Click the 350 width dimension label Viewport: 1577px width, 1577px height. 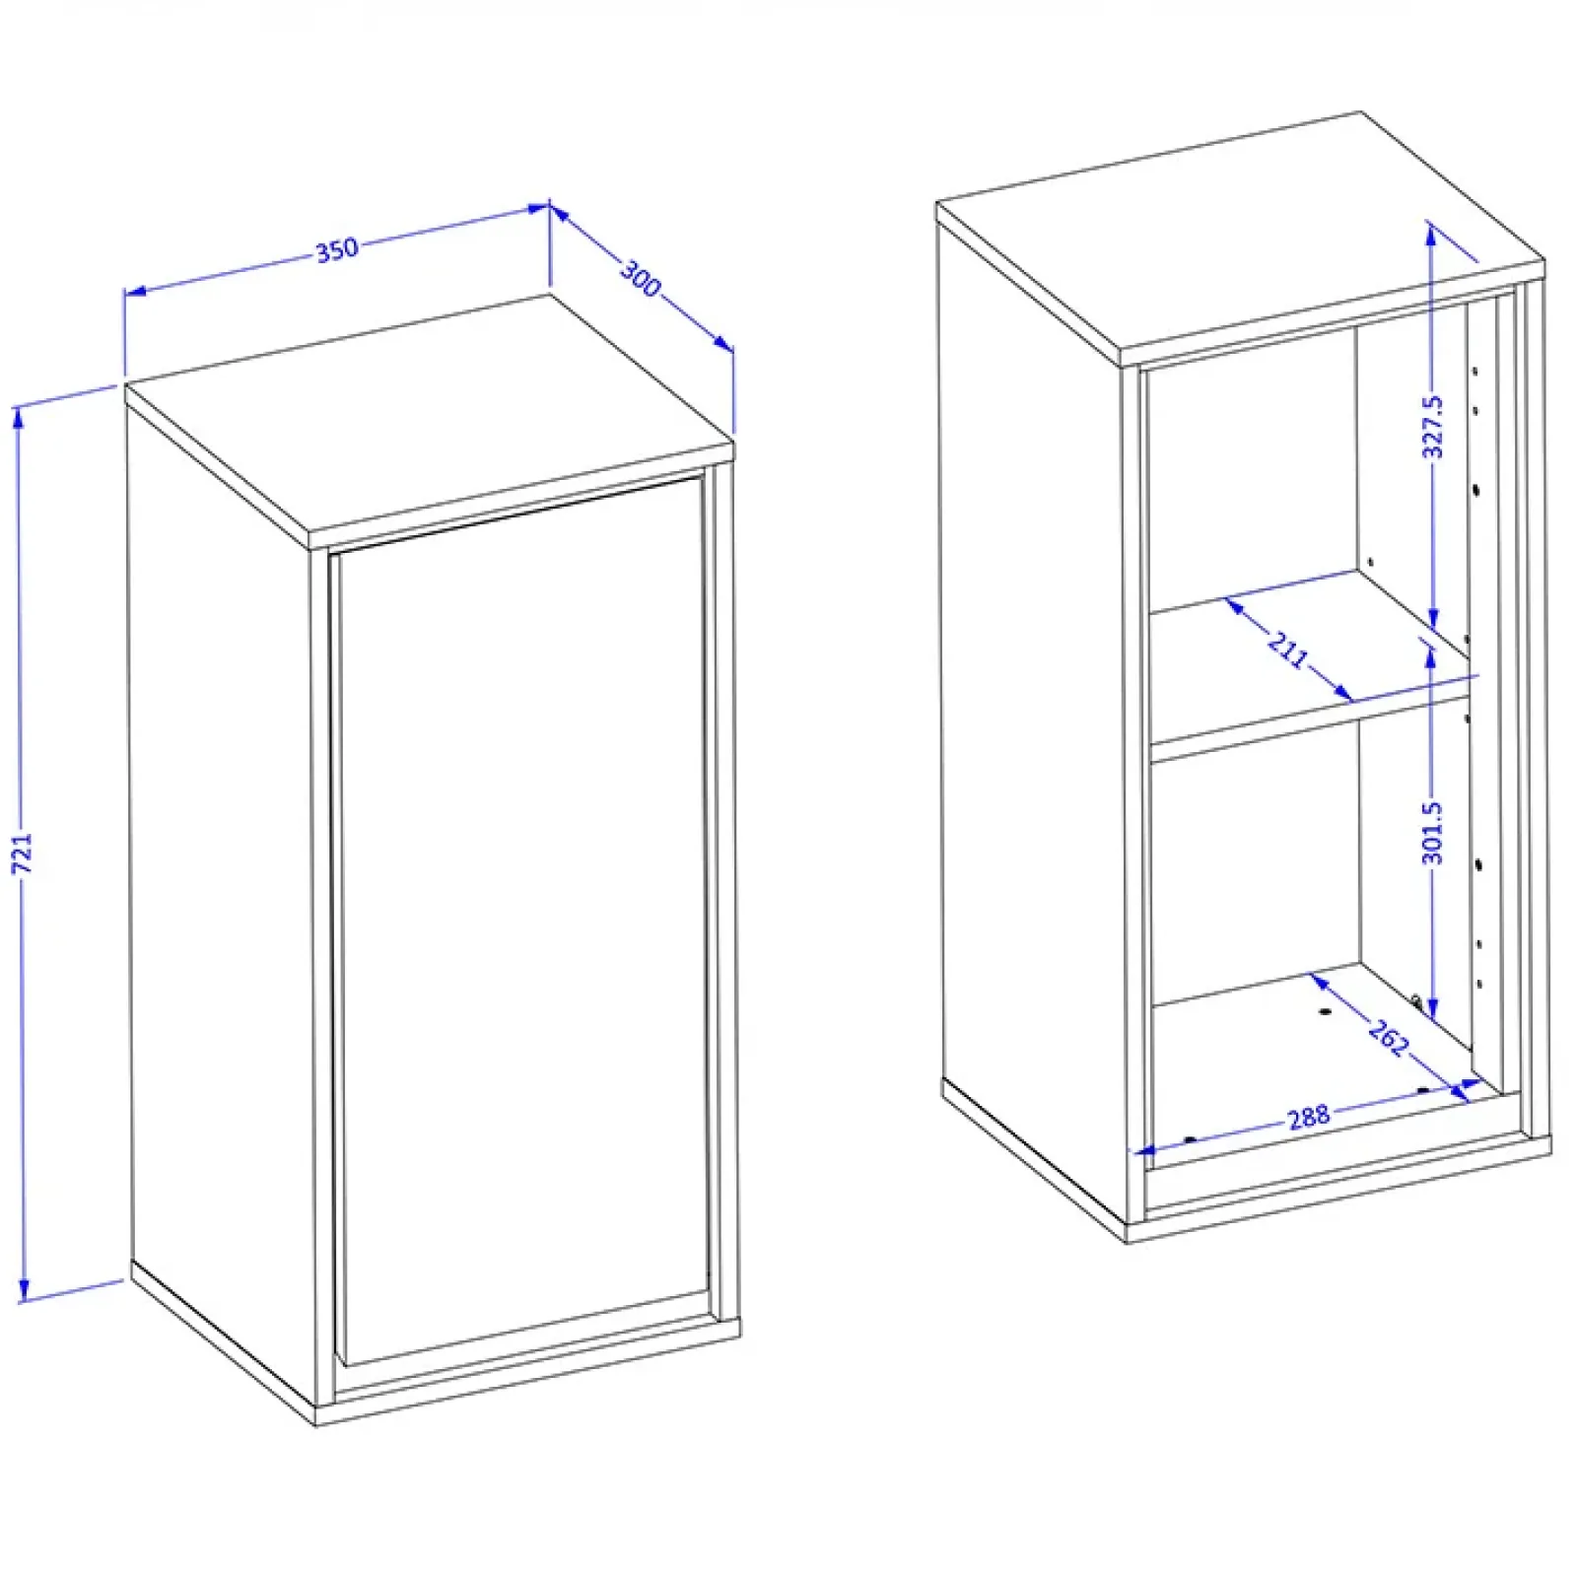click(x=336, y=250)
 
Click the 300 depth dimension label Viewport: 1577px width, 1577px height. click(x=641, y=279)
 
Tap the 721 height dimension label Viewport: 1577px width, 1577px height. click(x=23, y=853)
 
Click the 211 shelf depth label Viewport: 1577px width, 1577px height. click(x=1288, y=650)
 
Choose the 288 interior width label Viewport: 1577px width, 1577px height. click(x=1308, y=1117)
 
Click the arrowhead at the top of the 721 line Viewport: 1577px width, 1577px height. click(x=19, y=417)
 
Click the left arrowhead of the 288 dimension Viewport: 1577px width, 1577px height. click(x=1144, y=1149)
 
